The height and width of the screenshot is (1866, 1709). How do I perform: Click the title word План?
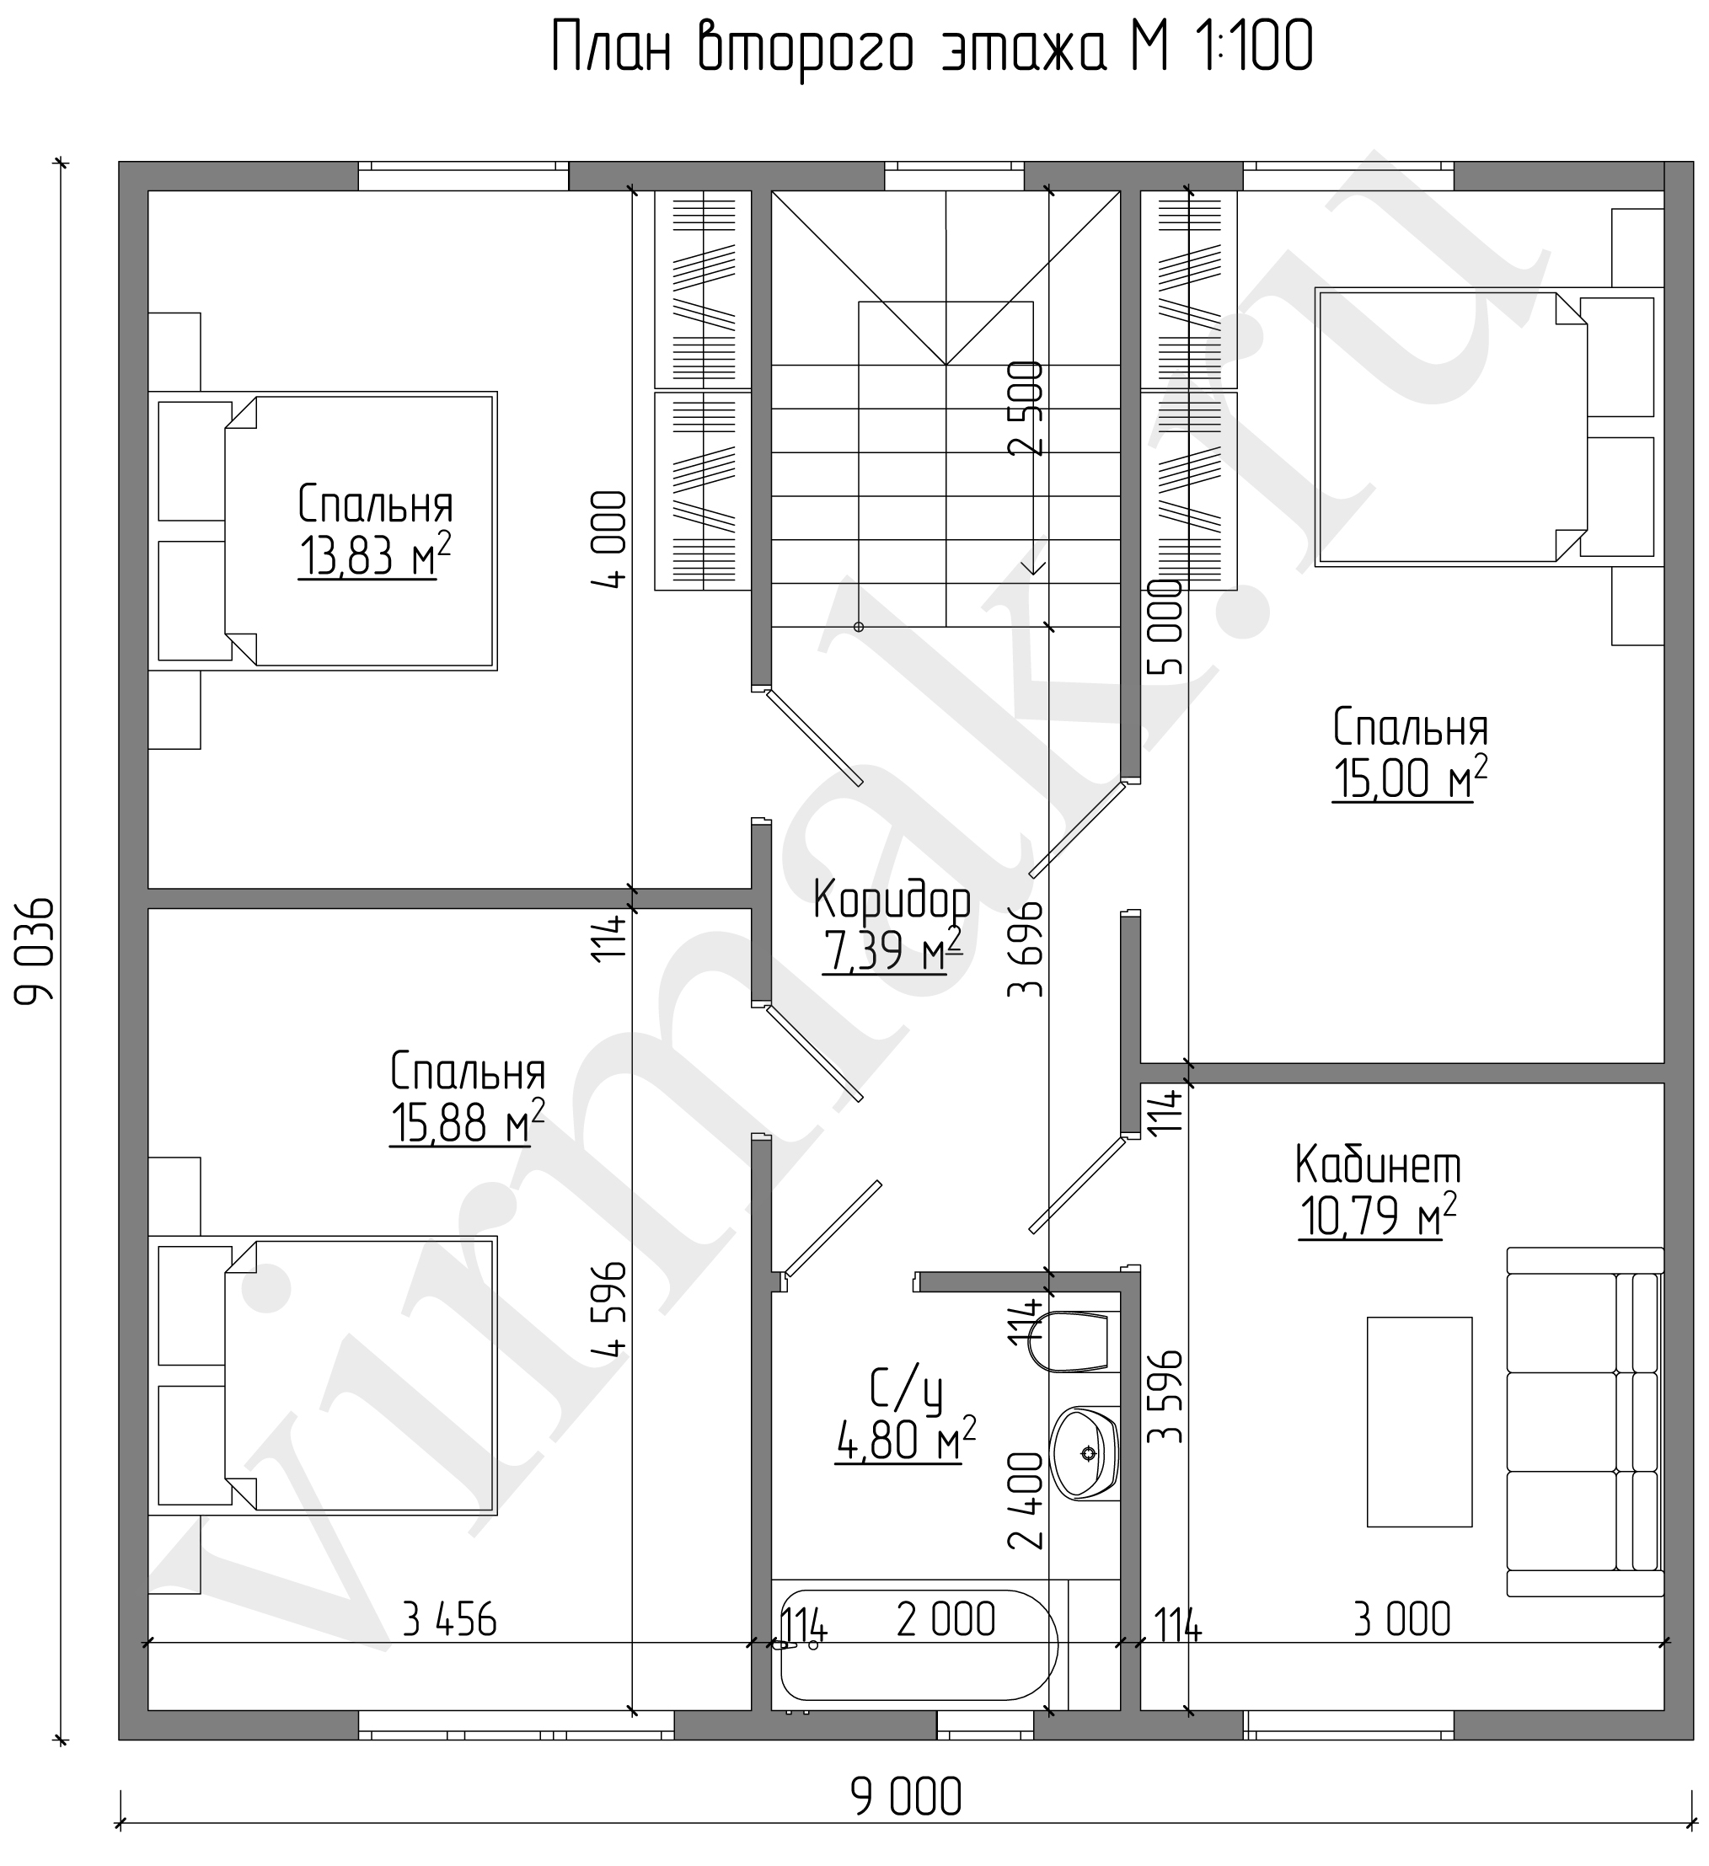[x=610, y=47]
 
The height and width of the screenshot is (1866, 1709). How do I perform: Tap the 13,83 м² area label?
[x=375, y=555]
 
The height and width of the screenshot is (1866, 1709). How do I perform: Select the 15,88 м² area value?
[x=467, y=1123]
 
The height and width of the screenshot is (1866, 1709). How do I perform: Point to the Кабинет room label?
[x=1378, y=1165]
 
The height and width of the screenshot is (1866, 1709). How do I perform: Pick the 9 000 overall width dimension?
[x=907, y=1799]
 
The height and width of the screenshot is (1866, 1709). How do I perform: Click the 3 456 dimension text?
[x=450, y=1620]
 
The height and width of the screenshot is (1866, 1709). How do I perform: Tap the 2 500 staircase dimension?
[x=1025, y=407]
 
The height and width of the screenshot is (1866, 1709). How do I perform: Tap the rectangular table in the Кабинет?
[x=1419, y=1422]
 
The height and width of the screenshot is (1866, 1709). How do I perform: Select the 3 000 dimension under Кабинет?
[x=1401, y=1620]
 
